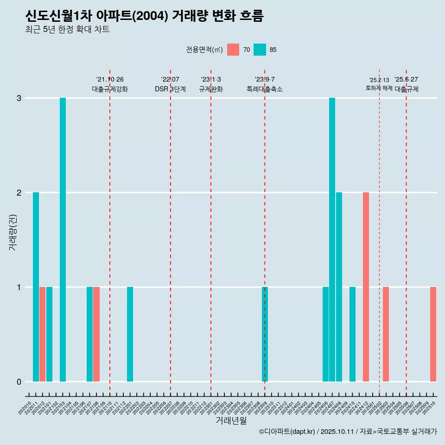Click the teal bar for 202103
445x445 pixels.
[63, 240]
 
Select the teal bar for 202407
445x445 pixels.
[332, 240]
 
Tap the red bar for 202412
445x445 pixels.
[366, 287]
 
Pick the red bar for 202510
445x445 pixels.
[433, 334]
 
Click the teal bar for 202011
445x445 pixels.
[36, 287]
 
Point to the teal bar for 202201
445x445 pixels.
[130, 334]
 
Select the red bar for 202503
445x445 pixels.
[386, 334]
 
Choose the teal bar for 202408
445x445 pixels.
[339, 287]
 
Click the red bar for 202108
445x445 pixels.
[96, 334]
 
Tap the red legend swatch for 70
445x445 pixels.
[233, 50]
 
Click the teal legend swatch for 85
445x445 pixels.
[260, 50]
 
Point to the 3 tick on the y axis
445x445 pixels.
[19, 98]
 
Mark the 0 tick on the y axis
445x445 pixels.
[19, 382]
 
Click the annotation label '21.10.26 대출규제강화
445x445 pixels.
[110, 84]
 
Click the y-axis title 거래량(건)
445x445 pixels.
[13, 232]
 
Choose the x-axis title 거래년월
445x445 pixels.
[231, 420]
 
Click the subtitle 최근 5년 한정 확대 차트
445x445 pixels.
[67, 30]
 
